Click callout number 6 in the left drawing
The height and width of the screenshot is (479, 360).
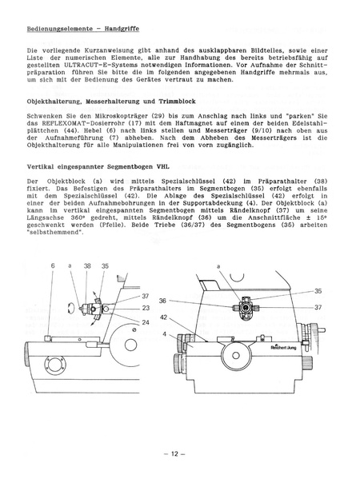(x=53, y=265)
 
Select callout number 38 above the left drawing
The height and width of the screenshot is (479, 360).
(x=87, y=265)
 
